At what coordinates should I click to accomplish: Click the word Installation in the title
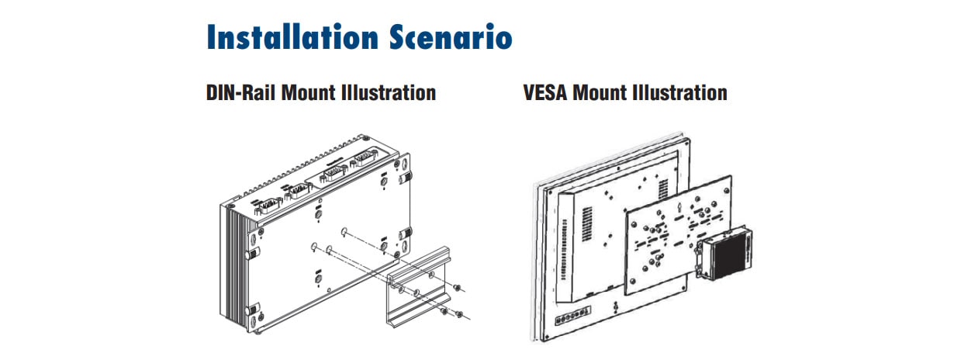click(292, 37)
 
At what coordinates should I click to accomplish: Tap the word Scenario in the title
click(451, 37)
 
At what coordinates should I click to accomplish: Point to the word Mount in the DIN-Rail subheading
click(309, 92)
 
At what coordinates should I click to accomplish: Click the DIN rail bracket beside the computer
click(419, 287)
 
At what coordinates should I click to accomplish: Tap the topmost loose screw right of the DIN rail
click(458, 288)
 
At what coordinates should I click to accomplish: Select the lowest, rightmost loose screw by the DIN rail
click(459, 314)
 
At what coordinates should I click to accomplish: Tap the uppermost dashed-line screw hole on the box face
click(344, 232)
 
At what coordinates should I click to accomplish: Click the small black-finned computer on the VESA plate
click(724, 255)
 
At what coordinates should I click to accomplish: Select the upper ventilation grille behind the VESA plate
click(663, 189)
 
